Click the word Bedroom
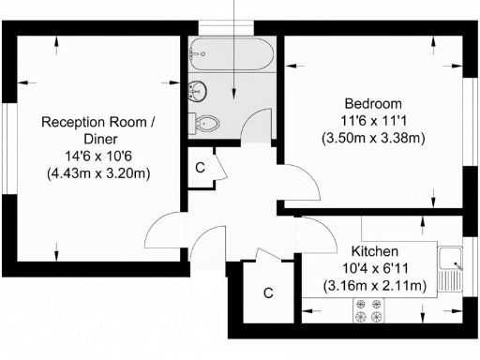(x=373, y=103)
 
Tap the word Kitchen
(x=375, y=251)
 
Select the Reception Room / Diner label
(x=98, y=130)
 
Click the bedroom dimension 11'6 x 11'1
(x=373, y=121)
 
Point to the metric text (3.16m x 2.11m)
(x=374, y=285)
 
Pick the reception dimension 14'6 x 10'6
(x=98, y=156)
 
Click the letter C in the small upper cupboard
(x=200, y=167)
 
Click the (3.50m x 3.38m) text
(x=373, y=138)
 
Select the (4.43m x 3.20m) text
(x=98, y=173)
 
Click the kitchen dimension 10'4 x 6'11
(x=375, y=268)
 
